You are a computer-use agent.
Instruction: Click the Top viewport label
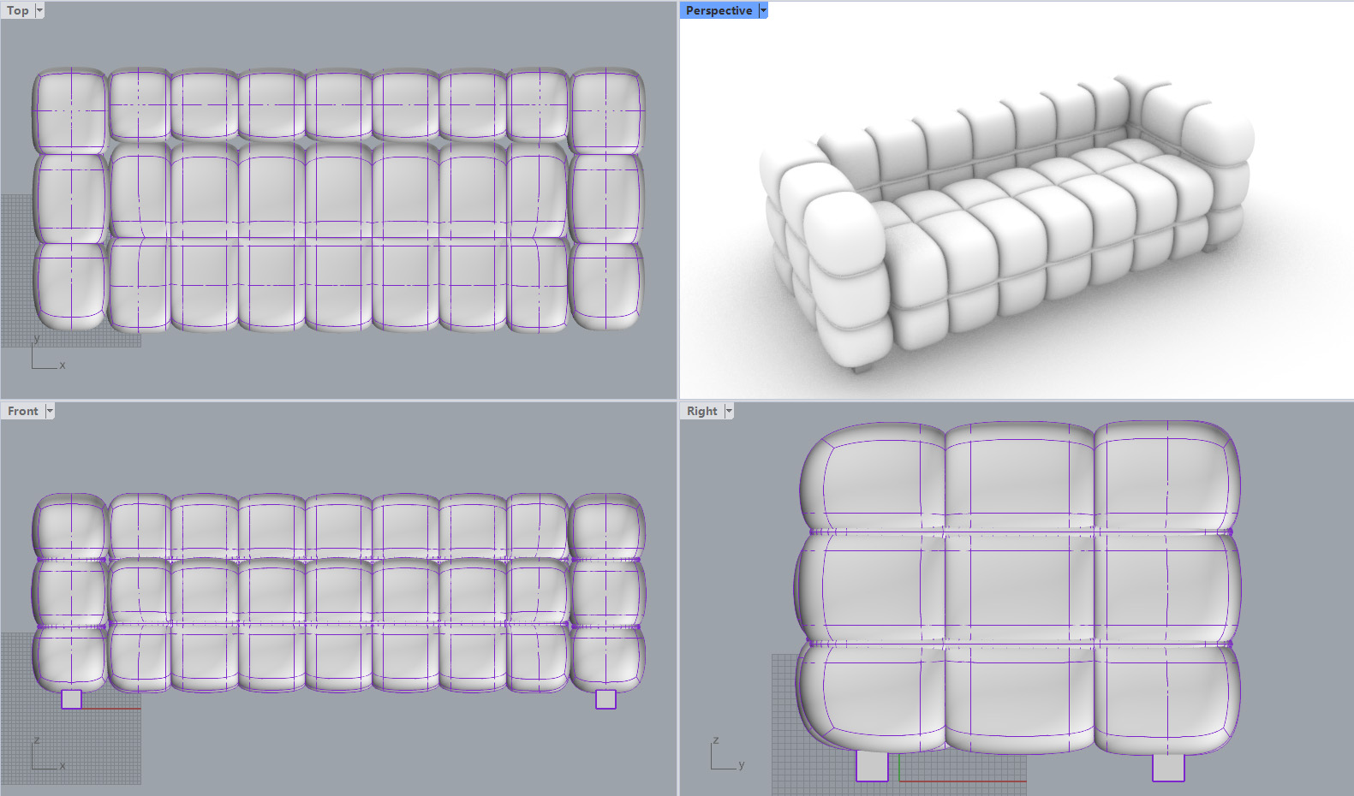(x=17, y=10)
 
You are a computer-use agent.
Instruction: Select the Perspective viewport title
(x=719, y=10)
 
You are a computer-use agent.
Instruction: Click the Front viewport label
(x=23, y=411)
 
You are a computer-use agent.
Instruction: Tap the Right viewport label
(x=701, y=411)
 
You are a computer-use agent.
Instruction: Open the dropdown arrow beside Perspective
(x=763, y=10)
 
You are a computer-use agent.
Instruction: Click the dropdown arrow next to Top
(x=40, y=10)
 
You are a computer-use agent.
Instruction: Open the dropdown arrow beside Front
(x=51, y=411)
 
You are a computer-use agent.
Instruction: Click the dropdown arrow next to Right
(x=729, y=411)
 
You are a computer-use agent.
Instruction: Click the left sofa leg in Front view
(x=71, y=699)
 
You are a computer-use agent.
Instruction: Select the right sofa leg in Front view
(x=605, y=699)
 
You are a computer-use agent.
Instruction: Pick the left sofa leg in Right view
(x=872, y=766)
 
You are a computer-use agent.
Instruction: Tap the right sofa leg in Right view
(x=1168, y=767)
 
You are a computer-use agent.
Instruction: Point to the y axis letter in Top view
(x=37, y=338)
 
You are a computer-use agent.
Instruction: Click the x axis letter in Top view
(x=63, y=365)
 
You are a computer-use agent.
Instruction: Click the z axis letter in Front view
(x=37, y=740)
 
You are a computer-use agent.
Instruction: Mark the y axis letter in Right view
(x=742, y=764)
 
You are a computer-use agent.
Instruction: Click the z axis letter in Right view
(x=716, y=740)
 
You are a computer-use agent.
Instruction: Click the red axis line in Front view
(x=111, y=709)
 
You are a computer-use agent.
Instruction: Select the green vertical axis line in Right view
(x=899, y=768)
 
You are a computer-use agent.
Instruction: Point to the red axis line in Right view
(x=963, y=781)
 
